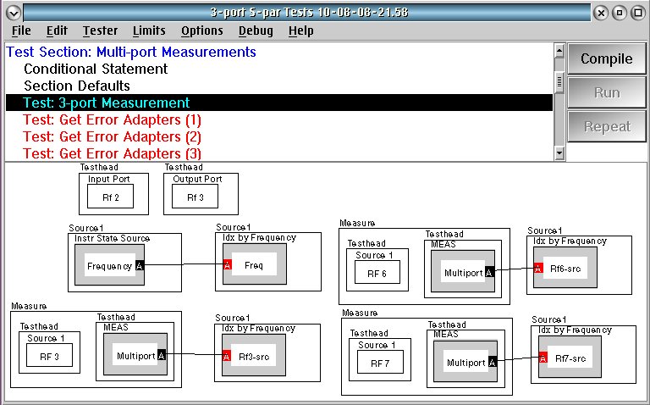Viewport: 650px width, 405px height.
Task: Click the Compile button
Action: pyautogui.click(x=607, y=58)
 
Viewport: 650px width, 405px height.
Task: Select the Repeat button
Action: pyautogui.click(x=607, y=126)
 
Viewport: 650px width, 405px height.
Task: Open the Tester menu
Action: pyautogui.click(x=100, y=31)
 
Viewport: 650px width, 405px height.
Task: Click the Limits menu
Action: pyautogui.click(x=149, y=31)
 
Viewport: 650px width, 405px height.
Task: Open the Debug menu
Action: pyautogui.click(x=256, y=31)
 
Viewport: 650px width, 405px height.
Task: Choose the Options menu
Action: pyautogui.click(x=202, y=31)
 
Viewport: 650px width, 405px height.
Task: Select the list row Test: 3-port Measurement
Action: pyautogui.click(x=279, y=103)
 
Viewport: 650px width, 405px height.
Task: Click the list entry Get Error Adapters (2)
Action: pyautogui.click(x=112, y=136)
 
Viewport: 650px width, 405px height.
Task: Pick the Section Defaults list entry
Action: pyautogui.click(x=77, y=86)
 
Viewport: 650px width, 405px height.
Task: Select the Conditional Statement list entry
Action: pyautogui.click(x=96, y=69)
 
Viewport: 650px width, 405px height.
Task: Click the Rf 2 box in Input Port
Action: pyautogui.click(x=110, y=197)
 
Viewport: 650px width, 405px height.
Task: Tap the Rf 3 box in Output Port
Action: pyautogui.click(x=195, y=197)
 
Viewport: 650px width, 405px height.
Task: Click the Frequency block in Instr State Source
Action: pyautogui.click(x=109, y=265)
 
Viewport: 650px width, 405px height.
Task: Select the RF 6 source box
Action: pyautogui.click(x=377, y=273)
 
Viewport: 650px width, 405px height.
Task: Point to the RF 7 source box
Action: pyautogui.click(x=380, y=363)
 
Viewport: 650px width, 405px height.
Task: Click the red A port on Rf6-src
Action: pyautogui.click(x=538, y=268)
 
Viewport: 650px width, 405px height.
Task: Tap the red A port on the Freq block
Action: pyautogui.click(x=227, y=264)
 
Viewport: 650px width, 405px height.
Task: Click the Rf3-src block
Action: pyautogui.click(x=254, y=356)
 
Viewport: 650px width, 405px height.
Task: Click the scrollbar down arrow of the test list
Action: pyautogui.click(x=559, y=153)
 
